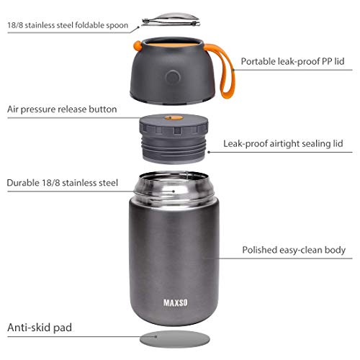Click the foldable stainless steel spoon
tap(171, 19)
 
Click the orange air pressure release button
tap(174, 117)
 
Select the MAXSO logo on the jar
tap(176, 303)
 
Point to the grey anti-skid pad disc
tap(175, 339)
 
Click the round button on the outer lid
tap(173, 78)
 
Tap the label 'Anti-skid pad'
tap(40, 328)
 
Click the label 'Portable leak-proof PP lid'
tap(292, 61)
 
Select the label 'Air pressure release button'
tap(62, 109)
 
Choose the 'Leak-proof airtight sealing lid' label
tap(283, 144)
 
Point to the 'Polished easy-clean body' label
tap(294, 250)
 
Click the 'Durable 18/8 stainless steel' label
tap(63, 183)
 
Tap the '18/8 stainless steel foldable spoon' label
tap(68, 25)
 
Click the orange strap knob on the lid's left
tap(138, 46)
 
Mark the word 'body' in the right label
tap(335, 250)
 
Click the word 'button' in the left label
tap(103, 109)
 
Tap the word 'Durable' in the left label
tap(23, 183)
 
